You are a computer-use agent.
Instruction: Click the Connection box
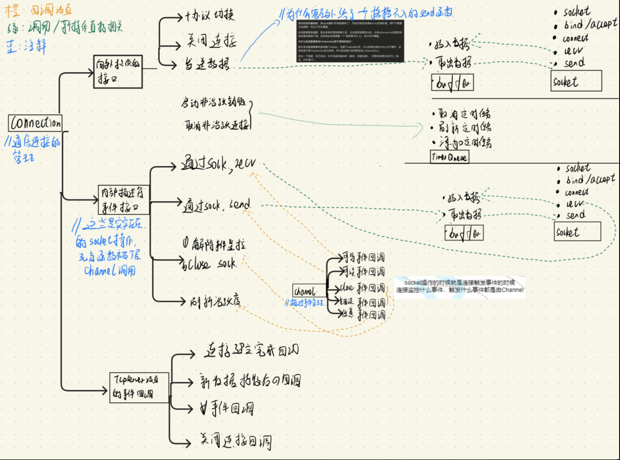(x=35, y=123)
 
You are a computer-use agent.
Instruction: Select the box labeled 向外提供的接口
(x=118, y=72)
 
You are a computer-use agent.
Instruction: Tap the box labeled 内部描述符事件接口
(x=124, y=200)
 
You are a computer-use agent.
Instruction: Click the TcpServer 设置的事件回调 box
(x=139, y=388)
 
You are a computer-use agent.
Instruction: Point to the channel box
(x=309, y=291)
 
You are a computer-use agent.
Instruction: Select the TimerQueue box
(x=449, y=157)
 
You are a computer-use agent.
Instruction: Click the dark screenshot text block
(x=350, y=41)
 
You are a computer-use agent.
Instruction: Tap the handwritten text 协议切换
(x=210, y=15)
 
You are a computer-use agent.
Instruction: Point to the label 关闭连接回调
(x=236, y=441)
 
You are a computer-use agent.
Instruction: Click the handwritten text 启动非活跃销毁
(x=213, y=103)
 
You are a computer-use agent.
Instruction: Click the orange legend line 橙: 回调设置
(x=39, y=11)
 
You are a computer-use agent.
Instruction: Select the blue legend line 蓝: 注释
(x=26, y=46)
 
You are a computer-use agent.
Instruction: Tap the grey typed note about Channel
(x=459, y=287)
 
